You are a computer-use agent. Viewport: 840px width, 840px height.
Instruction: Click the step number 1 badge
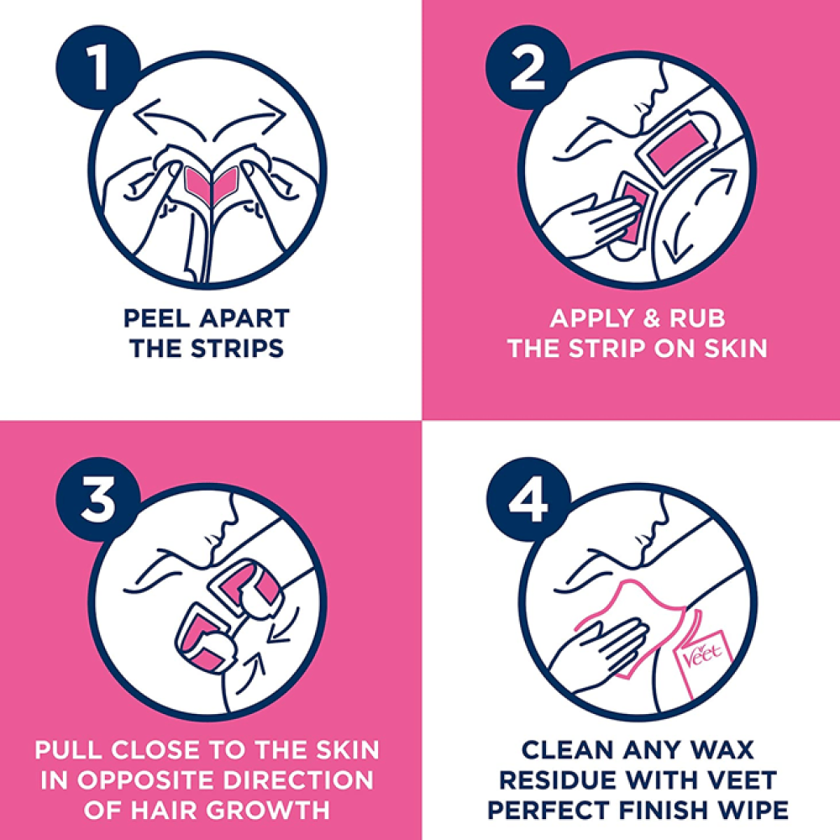pyautogui.click(x=97, y=67)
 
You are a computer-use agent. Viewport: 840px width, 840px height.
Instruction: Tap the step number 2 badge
pyautogui.click(x=528, y=67)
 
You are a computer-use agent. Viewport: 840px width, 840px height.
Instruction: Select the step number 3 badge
pyautogui.click(x=97, y=499)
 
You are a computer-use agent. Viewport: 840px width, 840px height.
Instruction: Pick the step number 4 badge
pyautogui.click(x=528, y=499)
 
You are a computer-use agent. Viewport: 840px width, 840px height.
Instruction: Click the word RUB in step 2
pyautogui.click(x=697, y=318)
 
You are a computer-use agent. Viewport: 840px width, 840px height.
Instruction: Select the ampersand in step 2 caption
pyautogui.click(x=651, y=318)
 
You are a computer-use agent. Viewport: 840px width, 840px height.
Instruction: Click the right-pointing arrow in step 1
pyautogui.click(x=249, y=119)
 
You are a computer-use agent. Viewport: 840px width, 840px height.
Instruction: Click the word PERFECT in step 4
pyautogui.click(x=543, y=810)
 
